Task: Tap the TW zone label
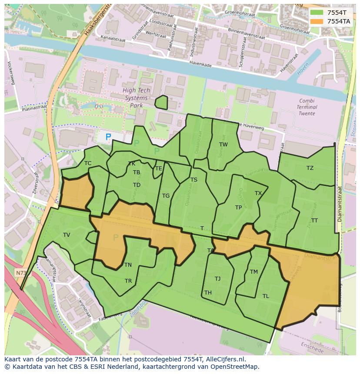(223, 145)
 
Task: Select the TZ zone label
(310, 168)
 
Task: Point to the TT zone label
(314, 221)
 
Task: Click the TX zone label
(258, 193)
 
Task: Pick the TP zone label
(238, 208)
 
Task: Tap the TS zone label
(194, 180)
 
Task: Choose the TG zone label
(166, 196)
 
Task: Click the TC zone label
(88, 164)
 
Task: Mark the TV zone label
(67, 235)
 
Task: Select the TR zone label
(128, 281)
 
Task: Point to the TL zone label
(266, 296)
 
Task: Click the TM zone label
(254, 272)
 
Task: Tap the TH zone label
(208, 293)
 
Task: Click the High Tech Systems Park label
(136, 98)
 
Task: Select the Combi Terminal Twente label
(307, 107)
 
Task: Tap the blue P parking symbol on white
(108, 137)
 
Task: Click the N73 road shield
(20, 273)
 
